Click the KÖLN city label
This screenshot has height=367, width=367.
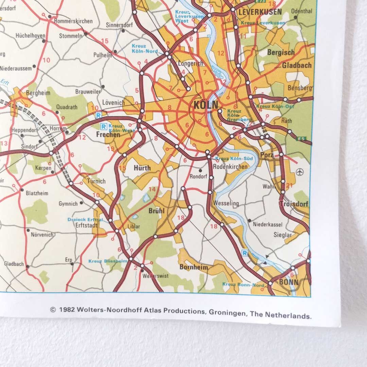(206, 105)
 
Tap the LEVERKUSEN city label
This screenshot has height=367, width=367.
(260, 12)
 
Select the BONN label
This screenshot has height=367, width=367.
(289, 282)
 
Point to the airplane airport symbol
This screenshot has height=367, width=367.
(299, 171)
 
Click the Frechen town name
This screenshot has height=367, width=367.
(108, 135)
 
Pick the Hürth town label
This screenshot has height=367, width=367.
(142, 168)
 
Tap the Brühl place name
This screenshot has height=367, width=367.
(156, 211)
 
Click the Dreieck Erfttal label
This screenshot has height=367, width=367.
(85, 220)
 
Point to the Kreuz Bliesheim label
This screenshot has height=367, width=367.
(108, 261)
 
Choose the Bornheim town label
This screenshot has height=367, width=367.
(193, 267)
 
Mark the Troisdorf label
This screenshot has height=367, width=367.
(293, 204)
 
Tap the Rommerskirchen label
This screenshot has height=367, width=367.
(73, 21)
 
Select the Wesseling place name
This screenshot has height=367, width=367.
(226, 203)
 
